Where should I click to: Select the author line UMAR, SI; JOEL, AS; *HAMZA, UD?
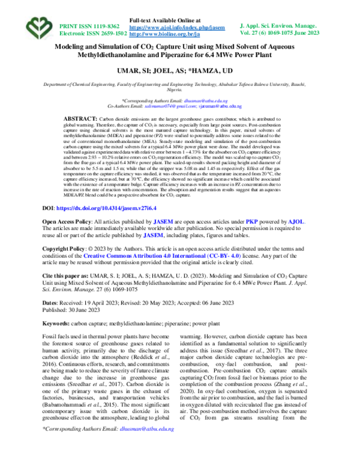point(181,71)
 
